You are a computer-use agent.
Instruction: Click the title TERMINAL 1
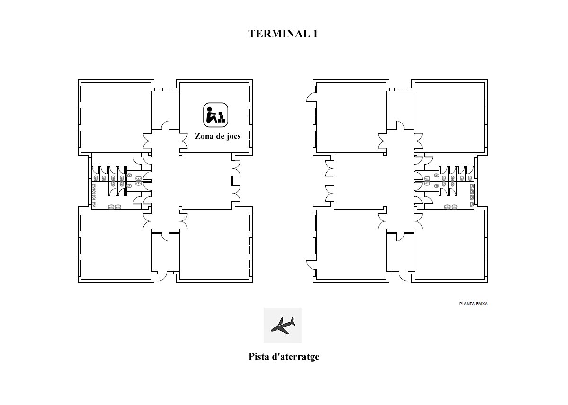point(283,34)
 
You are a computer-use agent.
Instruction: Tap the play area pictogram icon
point(215,115)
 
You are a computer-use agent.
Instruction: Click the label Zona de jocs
point(218,136)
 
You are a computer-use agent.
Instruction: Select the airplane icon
point(283,325)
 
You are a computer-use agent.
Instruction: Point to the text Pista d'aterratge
point(284,357)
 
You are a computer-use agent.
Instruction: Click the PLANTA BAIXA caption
point(473,304)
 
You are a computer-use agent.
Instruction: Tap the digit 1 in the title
point(315,34)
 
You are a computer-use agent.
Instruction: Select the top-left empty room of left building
point(116,118)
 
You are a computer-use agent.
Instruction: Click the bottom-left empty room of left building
point(116,245)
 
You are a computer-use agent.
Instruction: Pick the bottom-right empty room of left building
point(214,245)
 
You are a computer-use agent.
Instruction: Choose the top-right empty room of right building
point(450,118)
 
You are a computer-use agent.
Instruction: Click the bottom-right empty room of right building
point(450,245)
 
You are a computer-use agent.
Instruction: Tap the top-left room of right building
point(351,118)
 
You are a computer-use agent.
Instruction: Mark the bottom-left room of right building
point(351,245)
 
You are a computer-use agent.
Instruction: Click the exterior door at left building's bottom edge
point(162,276)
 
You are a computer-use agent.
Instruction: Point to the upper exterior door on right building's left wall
point(311,97)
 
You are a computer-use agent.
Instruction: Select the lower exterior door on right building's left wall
point(311,265)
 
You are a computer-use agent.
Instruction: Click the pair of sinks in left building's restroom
point(115,207)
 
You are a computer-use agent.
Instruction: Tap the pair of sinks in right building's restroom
point(451,207)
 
